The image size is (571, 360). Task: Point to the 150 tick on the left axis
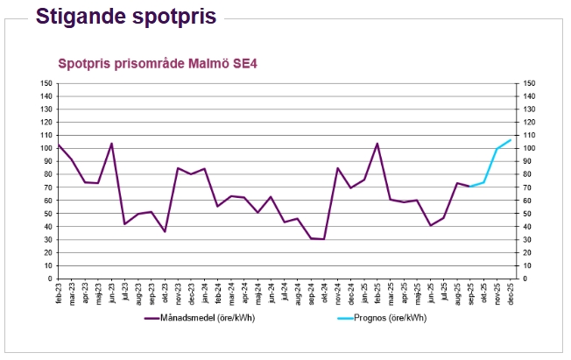tap(47, 83)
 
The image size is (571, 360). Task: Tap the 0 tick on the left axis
tap(51, 279)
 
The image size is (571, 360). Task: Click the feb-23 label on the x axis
tap(59, 293)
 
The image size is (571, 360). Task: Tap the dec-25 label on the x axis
tap(511, 293)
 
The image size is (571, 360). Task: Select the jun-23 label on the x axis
tap(112, 293)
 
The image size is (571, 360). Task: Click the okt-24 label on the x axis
tap(325, 293)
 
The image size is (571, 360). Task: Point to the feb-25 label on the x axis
tap(377, 293)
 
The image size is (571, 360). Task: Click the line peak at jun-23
tap(111, 144)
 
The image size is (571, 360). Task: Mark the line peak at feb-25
tap(377, 144)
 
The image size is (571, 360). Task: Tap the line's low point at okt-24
tap(324, 239)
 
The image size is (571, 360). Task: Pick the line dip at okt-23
tap(165, 231)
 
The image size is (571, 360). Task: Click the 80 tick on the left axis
tap(49, 174)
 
